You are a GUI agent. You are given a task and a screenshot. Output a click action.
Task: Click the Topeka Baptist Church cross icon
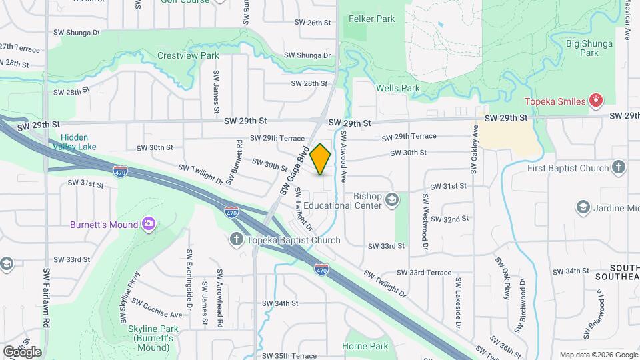[237, 240]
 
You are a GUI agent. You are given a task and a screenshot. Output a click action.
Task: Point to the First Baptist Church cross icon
[619, 168]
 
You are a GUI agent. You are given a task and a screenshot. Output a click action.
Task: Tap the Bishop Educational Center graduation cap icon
[393, 199]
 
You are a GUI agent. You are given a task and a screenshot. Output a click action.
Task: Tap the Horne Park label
[365, 346]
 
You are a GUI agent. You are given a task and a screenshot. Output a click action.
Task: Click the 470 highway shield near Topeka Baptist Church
[231, 212]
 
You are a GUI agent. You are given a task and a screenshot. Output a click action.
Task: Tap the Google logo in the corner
[22, 351]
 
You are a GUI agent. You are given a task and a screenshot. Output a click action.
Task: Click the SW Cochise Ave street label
[157, 308]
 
